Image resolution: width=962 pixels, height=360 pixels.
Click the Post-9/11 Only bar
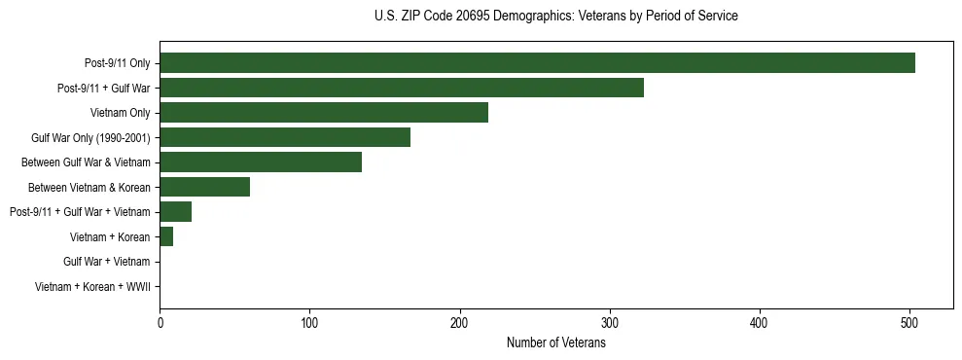point(537,63)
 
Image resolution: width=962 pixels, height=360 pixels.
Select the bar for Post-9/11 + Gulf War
point(402,88)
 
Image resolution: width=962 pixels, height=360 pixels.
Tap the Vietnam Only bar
point(324,113)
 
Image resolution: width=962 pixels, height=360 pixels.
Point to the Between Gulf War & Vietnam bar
point(261,162)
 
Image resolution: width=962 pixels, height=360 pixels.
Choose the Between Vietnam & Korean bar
point(205,187)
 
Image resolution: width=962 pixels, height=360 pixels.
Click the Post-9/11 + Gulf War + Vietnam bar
point(176,211)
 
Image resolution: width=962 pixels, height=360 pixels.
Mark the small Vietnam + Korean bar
point(166,236)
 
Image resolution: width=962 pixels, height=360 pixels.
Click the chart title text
point(555,16)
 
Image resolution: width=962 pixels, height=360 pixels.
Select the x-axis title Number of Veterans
point(555,342)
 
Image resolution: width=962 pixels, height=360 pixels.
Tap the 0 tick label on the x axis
point(160,323)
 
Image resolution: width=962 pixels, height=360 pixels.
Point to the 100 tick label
point(309,323)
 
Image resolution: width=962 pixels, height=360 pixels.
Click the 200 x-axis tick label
point(459,323)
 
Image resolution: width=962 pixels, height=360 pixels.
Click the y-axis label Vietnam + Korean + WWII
point(92,286)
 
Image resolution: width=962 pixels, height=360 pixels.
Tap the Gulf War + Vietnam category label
point(107,262)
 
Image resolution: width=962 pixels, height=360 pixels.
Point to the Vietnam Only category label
point(121,113)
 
